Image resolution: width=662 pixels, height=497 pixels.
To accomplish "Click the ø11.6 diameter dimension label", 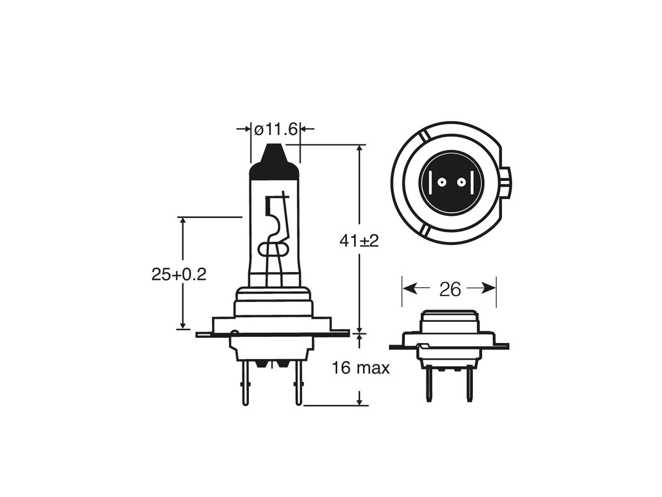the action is [x=276, y=129].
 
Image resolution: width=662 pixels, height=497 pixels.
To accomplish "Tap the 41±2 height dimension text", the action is [x=359, y=241].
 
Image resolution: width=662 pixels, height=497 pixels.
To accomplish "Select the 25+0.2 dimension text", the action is [x=179, y=274].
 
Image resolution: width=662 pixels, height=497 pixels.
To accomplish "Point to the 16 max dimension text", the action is [x=361, y=368].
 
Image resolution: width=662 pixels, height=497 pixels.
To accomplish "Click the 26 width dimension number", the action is [x=450, y=289].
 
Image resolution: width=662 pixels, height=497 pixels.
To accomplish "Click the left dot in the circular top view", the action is [x=442, y=182].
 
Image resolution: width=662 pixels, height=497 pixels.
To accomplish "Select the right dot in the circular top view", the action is [x=461, y=182].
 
